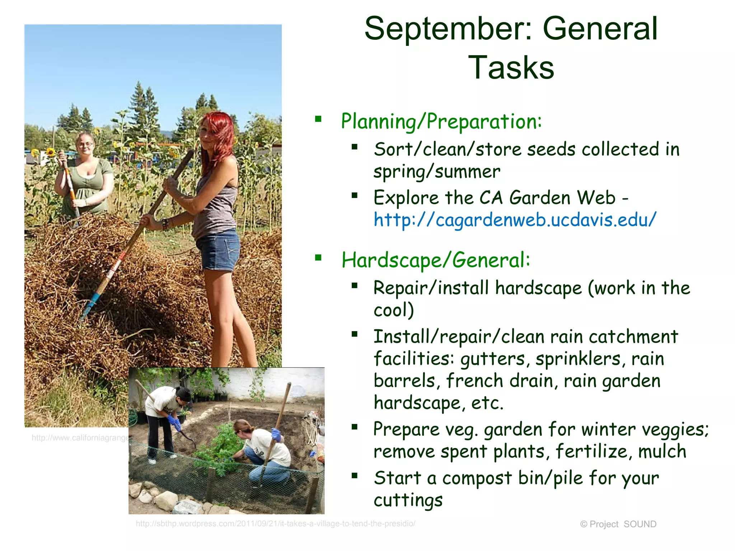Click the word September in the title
tap(448, 29)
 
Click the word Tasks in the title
tap(511, 68)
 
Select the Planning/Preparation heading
tap(441, 121)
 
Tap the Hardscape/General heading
tap(435, 260)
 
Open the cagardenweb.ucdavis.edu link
tap(515, 220)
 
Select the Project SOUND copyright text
tap(618, 524)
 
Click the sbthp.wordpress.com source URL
tap(275, 524)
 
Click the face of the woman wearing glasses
tap(85, 145)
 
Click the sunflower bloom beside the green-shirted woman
tap(51, 152)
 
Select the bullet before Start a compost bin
tap(355, 476)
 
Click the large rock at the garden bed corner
tap(166, 499)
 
